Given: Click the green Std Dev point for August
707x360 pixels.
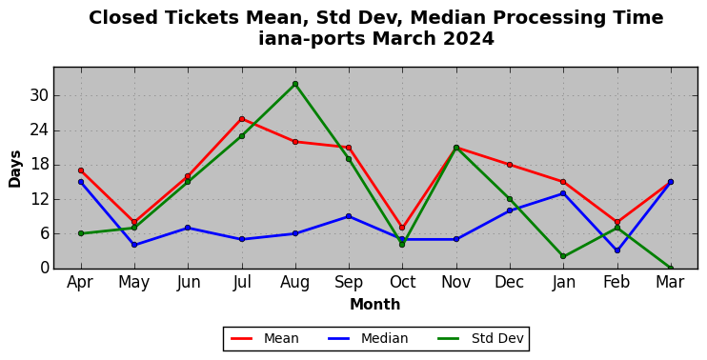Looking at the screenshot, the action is pyautogui.click(x=295, y=84).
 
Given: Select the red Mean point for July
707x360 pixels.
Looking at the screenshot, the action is pyautogui.click(x=242, y=119).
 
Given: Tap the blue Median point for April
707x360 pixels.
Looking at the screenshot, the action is pyautogui.click(x=81, y=182).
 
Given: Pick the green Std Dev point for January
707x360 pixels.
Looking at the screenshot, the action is pyautogui.click(x=563, y=256).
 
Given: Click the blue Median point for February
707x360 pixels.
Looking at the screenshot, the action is pyautogui.click(x=617, y=250).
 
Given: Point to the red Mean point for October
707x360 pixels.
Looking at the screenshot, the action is pyautogui.click(x=402, y=228).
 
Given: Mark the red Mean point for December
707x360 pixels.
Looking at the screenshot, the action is pyautogui.click(x=510, y=165).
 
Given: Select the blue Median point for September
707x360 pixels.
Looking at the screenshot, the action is pyautogui.click(x=349, y=216).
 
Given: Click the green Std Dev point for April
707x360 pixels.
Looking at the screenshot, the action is pyautogui.click(x=81, y=233).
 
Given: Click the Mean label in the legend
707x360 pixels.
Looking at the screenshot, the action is pyautogui.click(x=281, y=338).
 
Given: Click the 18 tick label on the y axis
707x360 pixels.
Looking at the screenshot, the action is pyautogui.click(x=40, y=165).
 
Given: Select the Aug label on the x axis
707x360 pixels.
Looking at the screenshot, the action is pyautogui.click(x=295, y=283).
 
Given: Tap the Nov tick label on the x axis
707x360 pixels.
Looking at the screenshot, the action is pyautogui.click(x=455, y=283).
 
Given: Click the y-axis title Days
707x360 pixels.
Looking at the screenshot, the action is pyautogui.click(x=15, y=169).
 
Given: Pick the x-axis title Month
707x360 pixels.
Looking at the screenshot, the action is pyautogui.click(x=375, y=305).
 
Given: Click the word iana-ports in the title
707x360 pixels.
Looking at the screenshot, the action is pyautogui.click(x=312, y=39).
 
